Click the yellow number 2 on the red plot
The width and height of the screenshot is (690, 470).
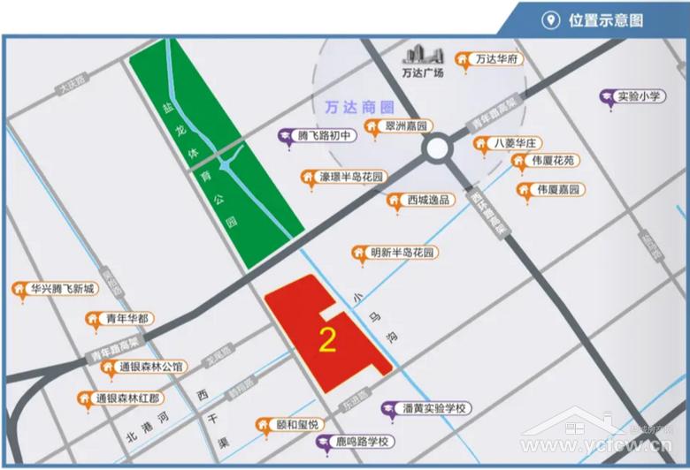point(326,339)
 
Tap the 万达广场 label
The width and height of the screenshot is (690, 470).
point(422,74)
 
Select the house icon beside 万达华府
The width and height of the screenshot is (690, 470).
point(462,60)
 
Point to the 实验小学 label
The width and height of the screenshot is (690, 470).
point(640,95)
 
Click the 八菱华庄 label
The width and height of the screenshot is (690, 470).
point(518,142)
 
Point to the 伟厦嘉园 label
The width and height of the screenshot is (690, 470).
point(557,189)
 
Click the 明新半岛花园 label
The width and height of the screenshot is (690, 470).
point(403,253)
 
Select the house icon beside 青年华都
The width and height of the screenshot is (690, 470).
point(91,320)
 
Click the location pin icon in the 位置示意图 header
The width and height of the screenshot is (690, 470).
point(549,20)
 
